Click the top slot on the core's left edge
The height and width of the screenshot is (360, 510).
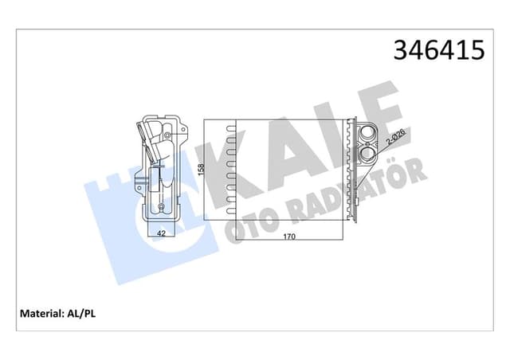click(x=231, y=128)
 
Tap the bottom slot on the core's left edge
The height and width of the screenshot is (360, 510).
click(x=231, y=209)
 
